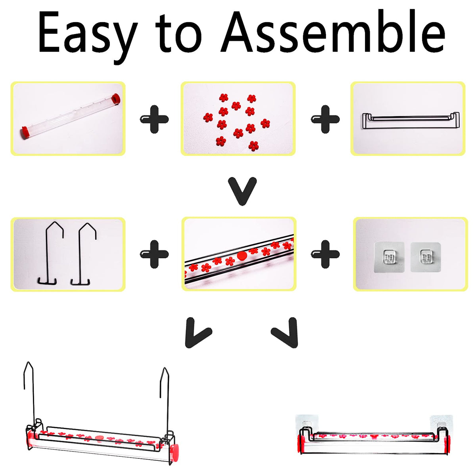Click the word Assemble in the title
click(333, 31)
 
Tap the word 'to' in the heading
click(178, 33)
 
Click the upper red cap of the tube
click(116, 98)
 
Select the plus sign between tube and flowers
click(154, 119)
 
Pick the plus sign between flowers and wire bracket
click(325, 119)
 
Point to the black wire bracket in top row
click(411, 121)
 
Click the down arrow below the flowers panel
click(242, 191)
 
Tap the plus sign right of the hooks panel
click(154, 254)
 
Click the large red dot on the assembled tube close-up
click(242, 256)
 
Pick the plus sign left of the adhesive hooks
click(325, 254)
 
